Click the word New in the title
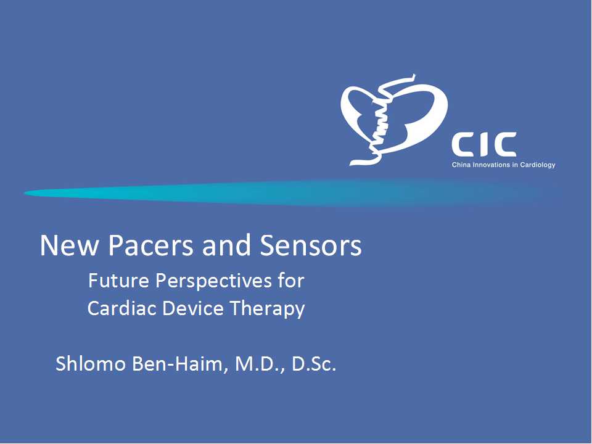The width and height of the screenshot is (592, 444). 70,245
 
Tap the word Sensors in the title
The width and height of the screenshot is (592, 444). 310,245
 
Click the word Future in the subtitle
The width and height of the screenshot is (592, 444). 118,281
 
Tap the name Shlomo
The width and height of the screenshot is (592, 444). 91,364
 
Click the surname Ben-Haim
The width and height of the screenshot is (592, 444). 180,364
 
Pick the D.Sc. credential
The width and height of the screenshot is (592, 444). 314,364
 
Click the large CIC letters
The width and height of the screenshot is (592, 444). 484,144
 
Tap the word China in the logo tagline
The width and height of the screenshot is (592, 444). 461,165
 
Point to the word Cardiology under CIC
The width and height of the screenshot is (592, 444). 538,165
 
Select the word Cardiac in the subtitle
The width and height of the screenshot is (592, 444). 122,308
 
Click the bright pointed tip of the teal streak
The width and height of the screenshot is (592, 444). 25,193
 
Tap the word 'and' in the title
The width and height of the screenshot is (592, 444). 226,245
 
